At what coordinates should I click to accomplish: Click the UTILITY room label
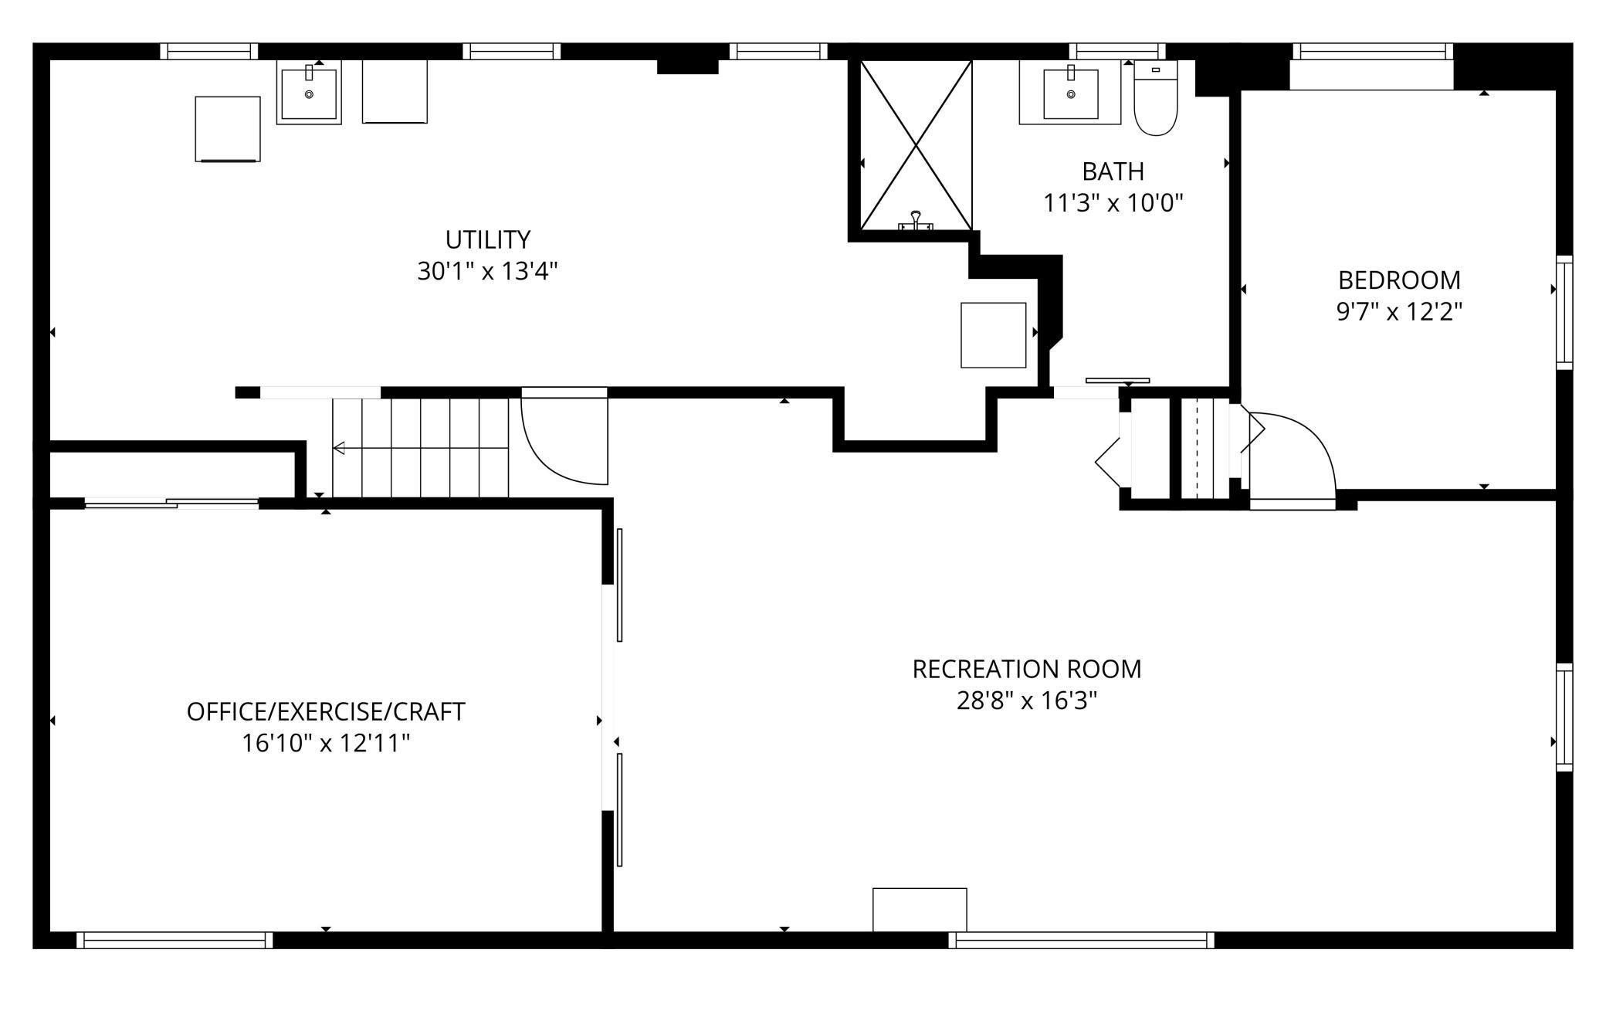tap(488, 239)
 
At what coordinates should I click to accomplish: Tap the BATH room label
tap(1113, 171)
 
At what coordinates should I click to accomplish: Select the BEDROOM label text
tap(1399, 280)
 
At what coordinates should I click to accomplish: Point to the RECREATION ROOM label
tap(1026, 669)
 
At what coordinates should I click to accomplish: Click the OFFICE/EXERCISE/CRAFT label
tap(326, 711)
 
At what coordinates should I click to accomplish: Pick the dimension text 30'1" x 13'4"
tap(487, 271)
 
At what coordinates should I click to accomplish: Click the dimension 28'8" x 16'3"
tap(1026, 700)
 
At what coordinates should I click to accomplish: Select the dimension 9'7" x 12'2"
tap(1399, 312)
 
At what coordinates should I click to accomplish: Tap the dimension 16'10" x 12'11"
tap(326, 743)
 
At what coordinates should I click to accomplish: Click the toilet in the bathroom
tap(1155, 98)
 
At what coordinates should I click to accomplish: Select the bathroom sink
tap(1071, 93)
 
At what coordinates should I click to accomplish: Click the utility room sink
tap(309, 93)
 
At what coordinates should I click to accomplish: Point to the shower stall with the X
tap(916, 145)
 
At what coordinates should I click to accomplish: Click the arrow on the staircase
tap(421, 448)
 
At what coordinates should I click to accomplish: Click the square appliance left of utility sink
tap(228, 129)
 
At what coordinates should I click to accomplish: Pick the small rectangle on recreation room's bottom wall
tap(920, 910)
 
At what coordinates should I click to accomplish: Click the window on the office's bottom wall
tap(174, 940)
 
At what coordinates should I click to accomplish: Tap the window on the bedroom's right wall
tap(1564, 312)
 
